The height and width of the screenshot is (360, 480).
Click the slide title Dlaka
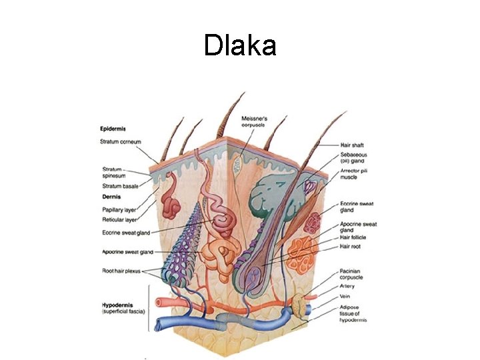click(240, 45)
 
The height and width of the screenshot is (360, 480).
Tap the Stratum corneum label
click(121, 142)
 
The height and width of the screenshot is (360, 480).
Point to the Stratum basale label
click(121, 186)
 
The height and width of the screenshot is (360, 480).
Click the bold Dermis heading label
click(111, 197)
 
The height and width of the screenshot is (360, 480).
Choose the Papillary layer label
click(120, 209)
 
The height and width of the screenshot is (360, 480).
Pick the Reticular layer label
click(120, 219)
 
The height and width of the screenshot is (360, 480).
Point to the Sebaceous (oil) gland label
click(354, 158)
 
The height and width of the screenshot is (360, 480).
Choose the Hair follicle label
click(355, 238)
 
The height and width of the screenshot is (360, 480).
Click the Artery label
click(348, 287)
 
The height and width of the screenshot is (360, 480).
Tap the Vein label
click(346, 297)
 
